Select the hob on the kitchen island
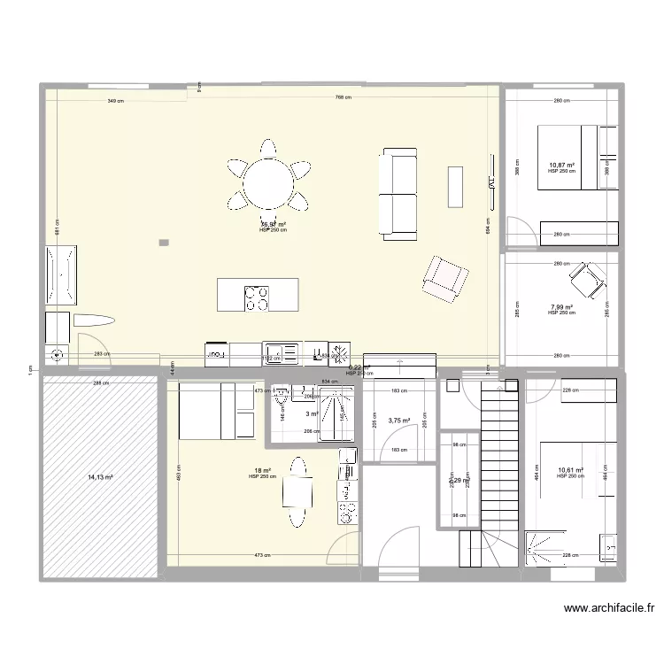pyautogui.click(x=257, y=297)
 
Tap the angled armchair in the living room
pyautogui.click(x=444, y=276)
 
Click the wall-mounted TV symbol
pyautogui.click(x=488, y=182)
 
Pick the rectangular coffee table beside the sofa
pyautogui.click(x=455, y=185)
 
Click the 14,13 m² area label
pyautogui.click(x=100, y=477)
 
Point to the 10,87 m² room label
pyautogui.click(x=561, y=166)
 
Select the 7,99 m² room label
pyautogui.click(x=561, y=307)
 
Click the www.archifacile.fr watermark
pyautogui.click(x=611, y=608)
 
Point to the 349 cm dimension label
pyautogui.click(x=115, y=102)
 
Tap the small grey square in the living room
pyautogui.click(x=163, y=242)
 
